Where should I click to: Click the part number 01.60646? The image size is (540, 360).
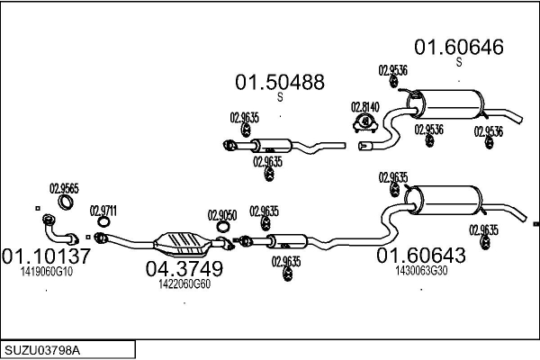pyautogui.click(x=458, y=47)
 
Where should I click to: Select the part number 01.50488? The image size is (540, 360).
pyautogui.click(x=280, y=83)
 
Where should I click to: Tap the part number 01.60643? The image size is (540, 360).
pyautogui.click(x=420, y=256)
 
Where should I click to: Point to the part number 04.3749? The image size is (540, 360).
pyautogui.click(x=184, y=268)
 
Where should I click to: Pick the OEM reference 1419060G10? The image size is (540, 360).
pyautogui.click(x=46, y=271)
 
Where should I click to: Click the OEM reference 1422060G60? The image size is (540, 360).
pyautogui.click(x=184, y=283)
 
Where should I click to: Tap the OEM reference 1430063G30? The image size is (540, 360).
pyautogui.click(x=420, y=271)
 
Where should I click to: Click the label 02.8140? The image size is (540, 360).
pyautogui.click(x=364, y=106)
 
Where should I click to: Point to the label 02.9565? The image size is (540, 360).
pyautogui.click(x=64, y=188)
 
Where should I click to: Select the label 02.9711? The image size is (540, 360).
pyautogui.click(x=103, y=211)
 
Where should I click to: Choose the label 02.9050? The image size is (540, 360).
pyautogui.click(x=222, y=215)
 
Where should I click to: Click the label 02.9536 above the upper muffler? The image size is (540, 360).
pyautogui.click(x=391, y=69)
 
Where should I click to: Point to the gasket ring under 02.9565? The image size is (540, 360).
pyautogui.click(x=64, y=202)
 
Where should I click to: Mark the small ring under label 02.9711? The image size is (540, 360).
pyautogui.click(x=104, y=224)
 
